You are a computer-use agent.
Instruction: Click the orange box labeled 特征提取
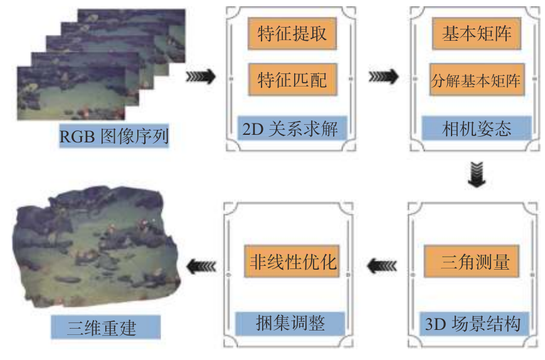[292, 34]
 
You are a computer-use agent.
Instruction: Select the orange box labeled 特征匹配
[292, 80]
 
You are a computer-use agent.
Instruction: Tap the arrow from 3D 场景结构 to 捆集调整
[383, 266]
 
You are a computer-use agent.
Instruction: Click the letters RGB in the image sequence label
[79, 135]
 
